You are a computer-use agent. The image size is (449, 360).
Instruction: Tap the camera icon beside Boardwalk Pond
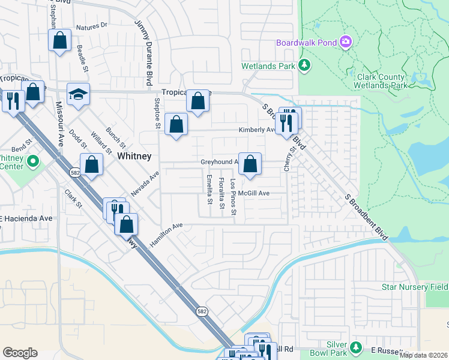click(345, 42)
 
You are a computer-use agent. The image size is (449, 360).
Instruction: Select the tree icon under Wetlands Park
click(305, 65)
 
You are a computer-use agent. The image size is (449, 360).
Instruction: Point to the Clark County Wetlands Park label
click(382, 81)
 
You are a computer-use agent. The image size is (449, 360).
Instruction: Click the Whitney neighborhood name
click(134, 155)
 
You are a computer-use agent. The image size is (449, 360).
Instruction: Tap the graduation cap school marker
click(78, 94)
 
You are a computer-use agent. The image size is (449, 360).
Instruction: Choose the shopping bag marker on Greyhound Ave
click(250, 163)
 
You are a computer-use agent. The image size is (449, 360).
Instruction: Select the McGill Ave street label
click(253, 193)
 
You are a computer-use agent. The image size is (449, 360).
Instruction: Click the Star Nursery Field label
click(415, 287)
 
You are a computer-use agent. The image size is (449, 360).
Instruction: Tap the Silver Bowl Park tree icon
click(355, 347)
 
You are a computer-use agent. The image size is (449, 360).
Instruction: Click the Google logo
click(20, 353)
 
